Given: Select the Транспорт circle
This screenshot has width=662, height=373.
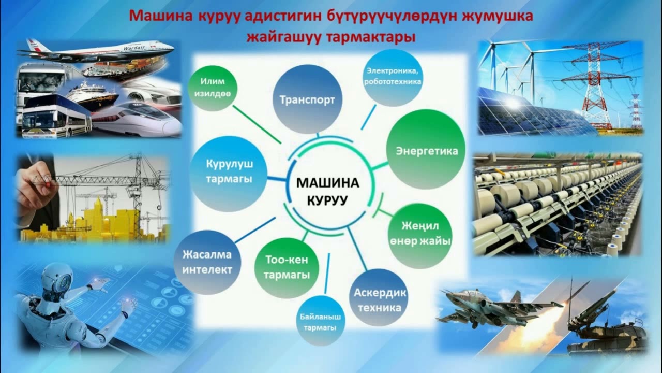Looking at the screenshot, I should click(x=308, y=99).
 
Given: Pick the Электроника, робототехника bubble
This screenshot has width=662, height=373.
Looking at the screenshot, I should click(x=393, y=76).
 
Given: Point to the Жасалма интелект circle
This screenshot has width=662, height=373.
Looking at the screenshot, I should click(x=207, y=262).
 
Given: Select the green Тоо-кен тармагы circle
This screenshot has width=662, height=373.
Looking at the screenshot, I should click(x=287, y=267).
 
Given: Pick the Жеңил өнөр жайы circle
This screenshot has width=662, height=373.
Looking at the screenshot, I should click(x=419, y=234).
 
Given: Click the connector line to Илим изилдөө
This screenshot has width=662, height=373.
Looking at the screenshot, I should click(x=257, y=124).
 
